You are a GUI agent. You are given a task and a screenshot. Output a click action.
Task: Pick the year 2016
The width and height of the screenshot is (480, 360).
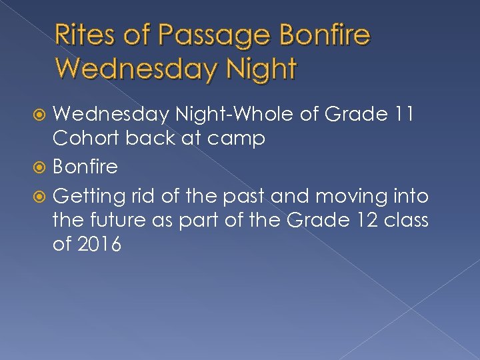coord(99,245)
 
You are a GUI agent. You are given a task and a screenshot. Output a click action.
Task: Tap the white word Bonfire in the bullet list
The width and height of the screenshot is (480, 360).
coord(85,166)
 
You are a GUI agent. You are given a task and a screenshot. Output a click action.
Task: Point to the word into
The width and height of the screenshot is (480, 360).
coord(409,196)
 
